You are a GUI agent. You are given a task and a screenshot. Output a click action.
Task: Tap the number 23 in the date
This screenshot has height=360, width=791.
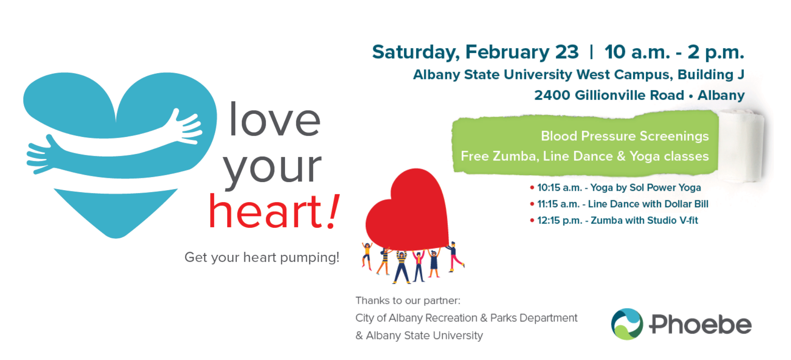coord(567,52)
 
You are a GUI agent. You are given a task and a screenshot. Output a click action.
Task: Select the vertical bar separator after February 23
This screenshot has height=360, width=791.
coord(591,52)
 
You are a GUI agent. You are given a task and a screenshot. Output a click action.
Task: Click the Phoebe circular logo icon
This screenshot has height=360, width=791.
coord(627,324)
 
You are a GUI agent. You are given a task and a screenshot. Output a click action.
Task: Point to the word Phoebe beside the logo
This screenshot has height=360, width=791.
coord(700,324)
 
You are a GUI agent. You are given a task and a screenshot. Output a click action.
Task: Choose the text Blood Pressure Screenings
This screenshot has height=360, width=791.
coord(624,136)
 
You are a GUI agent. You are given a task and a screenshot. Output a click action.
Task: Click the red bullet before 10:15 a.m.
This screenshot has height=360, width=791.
coord(532,188)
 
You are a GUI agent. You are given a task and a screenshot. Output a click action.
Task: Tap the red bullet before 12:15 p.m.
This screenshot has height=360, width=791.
coord(532,220)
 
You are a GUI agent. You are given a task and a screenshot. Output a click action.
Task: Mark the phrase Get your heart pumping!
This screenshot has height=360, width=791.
coord(262,257)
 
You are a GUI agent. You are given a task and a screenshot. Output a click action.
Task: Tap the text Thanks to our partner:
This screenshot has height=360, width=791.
coord(408,301)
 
